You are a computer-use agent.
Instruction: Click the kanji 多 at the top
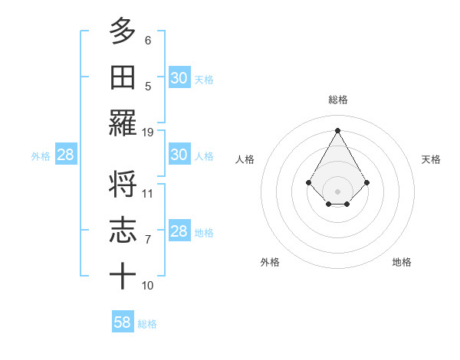pyautogui.click(x=123, y=31)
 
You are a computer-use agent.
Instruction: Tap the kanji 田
pyautogui.click(x=123, y=78)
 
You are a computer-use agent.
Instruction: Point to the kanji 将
pyautogui.click(x=123, y=185)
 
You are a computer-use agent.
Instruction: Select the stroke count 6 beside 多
pyautogui.click(x=148, y=40)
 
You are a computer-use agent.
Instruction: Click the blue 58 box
pyautogui.click(x=123, y=322)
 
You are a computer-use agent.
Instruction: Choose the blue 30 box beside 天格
pyautogui.click(x=179, y=78)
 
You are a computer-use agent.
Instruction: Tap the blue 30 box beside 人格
pyautogui.click(x=179, y=155)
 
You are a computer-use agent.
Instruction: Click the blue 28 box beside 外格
pyautogui.click(x=66, y=155)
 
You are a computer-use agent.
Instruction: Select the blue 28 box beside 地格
pyautogui.click(x=179, y=231)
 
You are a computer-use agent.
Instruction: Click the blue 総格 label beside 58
pyautogui.click(x=147, y=324)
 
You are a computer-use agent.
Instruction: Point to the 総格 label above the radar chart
pyautogui.click(x=337, y=100)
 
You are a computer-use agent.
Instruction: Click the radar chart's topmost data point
pyautogui.click(x=337, y=130)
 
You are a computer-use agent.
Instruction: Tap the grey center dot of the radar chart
pyautogui.click(x=337, y=191)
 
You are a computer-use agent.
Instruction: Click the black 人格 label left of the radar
pyautogui.click(x=245, y=159)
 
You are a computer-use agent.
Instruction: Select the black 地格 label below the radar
pyautogui.click(x=402, y=262)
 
